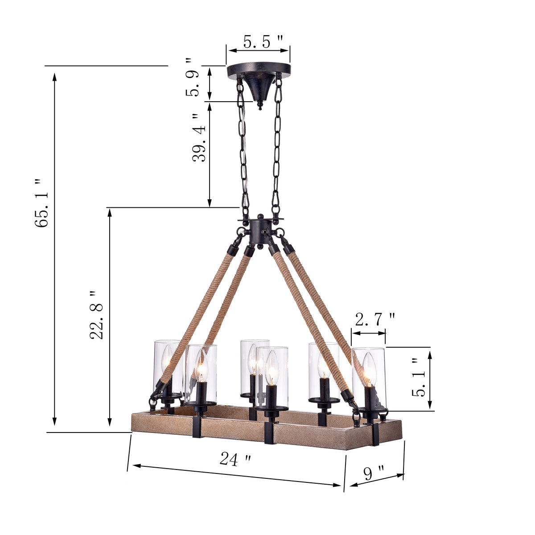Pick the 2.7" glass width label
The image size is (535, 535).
[374, 319]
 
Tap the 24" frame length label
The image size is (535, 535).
[235, 459]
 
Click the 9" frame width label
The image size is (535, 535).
[374, 473]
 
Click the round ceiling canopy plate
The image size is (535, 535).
[259, 70]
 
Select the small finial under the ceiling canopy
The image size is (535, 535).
[260, 106]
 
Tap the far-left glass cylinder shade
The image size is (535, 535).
[168, 366]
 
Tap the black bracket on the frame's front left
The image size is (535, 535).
[198, 426]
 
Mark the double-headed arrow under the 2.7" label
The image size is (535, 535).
[369, 333]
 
